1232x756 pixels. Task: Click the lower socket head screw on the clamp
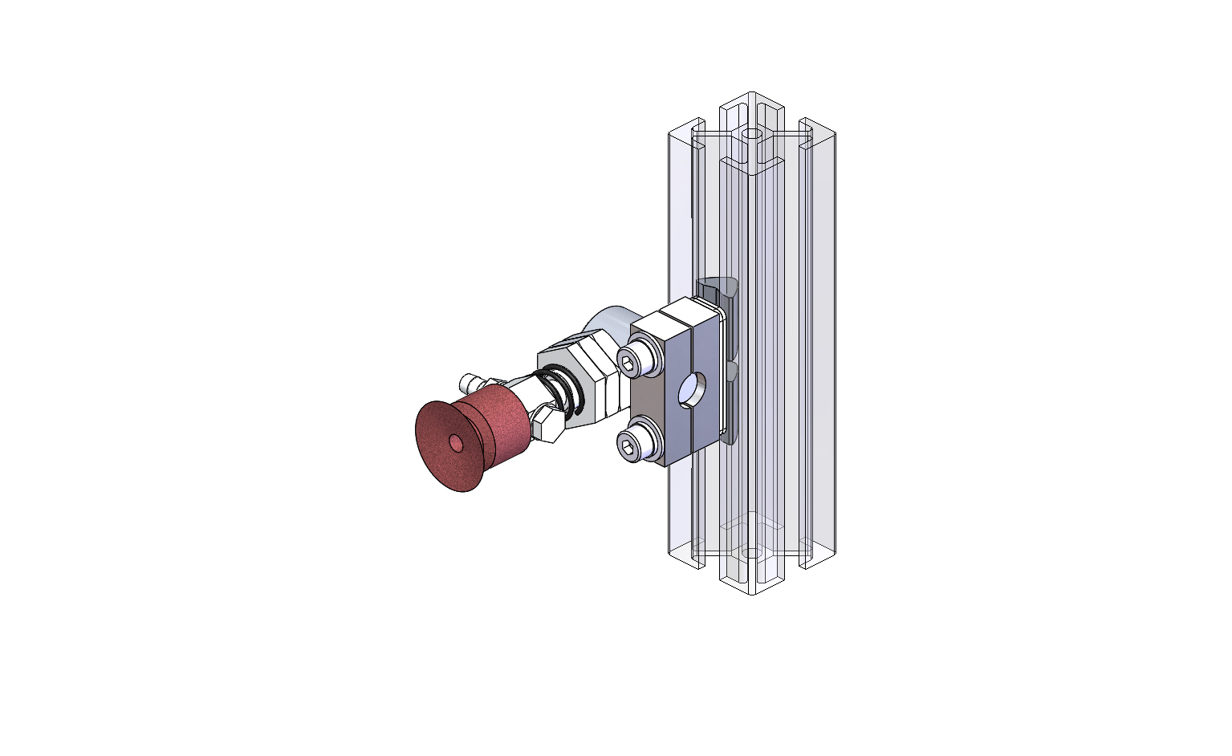click(637, 444)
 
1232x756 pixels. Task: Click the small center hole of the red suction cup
click(456, 443)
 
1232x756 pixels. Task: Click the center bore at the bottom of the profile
click(751, 552)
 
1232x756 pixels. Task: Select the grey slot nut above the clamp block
click(716, 290)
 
